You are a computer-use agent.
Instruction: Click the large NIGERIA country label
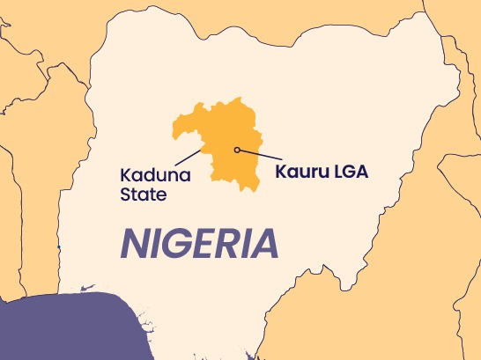[x=199, y=243]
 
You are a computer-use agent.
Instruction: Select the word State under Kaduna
[x=142, y=195]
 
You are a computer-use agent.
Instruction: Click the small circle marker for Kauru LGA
[x=237, y=150]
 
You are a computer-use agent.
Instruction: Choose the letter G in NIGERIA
[x=174, y=243]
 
